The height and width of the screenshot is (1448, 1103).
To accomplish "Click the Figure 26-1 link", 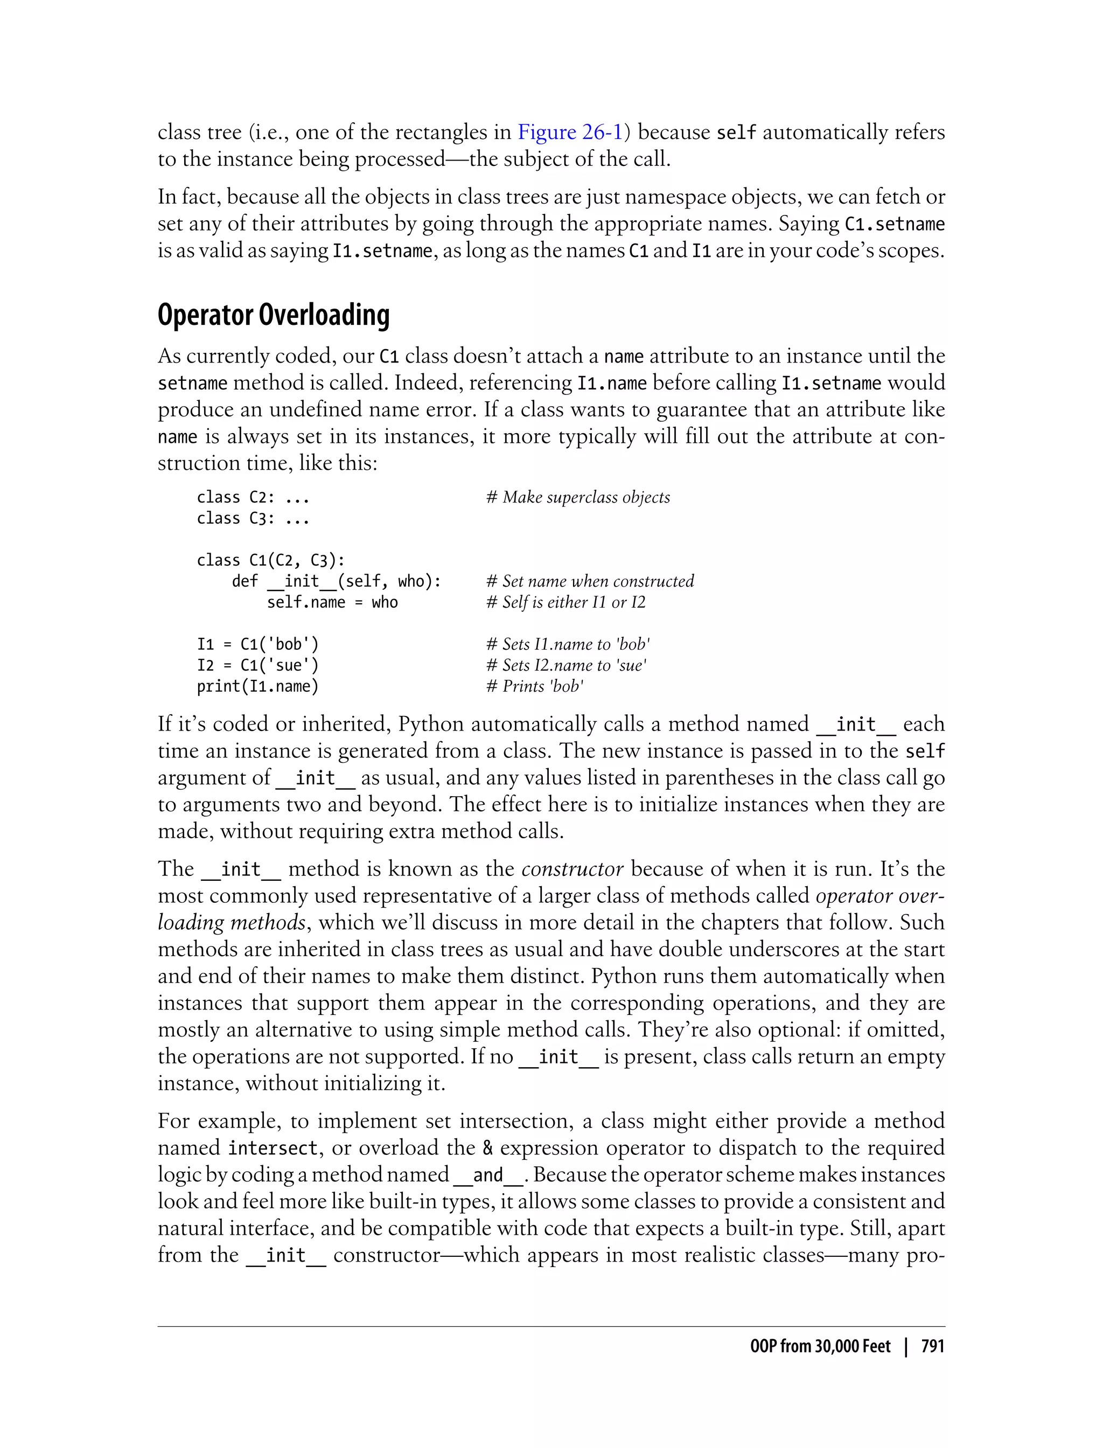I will tap(569, 133).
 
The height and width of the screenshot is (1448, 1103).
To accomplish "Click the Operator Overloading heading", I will tap(273, 315).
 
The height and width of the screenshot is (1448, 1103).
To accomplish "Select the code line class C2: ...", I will tap(253, 498).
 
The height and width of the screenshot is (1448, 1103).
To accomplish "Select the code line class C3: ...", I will tap(253, 519).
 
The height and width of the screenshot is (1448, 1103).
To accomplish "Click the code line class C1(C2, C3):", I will tap(270, 561).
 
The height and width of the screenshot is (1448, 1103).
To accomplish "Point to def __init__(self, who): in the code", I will tap(336, 582).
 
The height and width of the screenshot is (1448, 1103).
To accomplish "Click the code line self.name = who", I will tap(332, 603).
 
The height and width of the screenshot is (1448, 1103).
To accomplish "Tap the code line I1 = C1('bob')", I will tap(257, 645).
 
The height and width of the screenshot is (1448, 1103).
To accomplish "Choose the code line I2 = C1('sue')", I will tap(257, 666).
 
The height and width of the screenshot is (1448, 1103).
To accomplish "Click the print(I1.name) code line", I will tap(257, 687).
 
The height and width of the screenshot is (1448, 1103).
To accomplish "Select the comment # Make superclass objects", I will tap(578, 498).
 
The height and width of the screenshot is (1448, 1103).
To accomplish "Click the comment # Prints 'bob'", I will tap(534, 687).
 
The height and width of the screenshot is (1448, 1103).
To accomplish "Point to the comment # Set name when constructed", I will tap(590, 582).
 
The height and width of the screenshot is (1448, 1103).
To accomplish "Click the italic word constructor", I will tap(572, 869).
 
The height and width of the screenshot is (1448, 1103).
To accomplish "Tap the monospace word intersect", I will tap(273, 1148).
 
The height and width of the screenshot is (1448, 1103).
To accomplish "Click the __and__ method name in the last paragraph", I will tap(488, 1175).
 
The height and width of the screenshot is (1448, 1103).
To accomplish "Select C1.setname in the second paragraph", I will tap(893, 225).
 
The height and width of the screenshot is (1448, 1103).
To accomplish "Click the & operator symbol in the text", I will tap(487, 1148).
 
